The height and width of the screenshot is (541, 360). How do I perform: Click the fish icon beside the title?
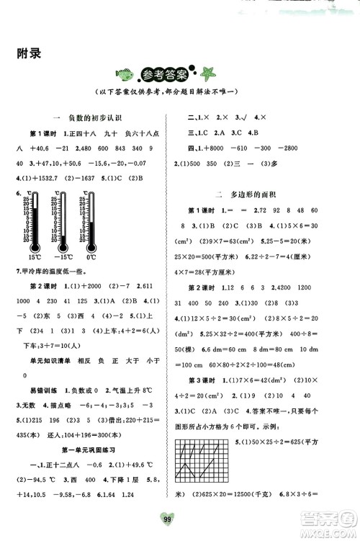tap(123, 73)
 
